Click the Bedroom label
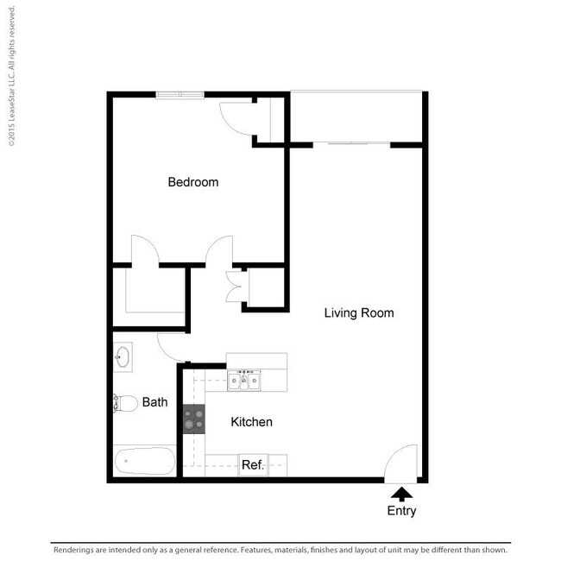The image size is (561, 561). pyautogui.click(x=193, y=182)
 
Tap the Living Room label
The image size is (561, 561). pyautogui.click(x=359, y=312)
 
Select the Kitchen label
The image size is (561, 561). pyautogui.click(x=251, y=422)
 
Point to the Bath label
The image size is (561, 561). pyautogui.click(x=154, y=402)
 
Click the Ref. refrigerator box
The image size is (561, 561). pyautogui.click(x=253, y=465)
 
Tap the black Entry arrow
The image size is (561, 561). pyautogui.click(x=401, y=494)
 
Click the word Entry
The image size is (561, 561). pyautogui.click(x=401, y=511)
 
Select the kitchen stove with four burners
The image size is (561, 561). pyautogui.click(x=194, y=419)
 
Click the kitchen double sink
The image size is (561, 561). pyautogui.click(x=244, y=381)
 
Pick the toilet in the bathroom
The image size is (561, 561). pyautogui.click(x=125, y=403)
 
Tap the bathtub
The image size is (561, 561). pyautogui.click(x=145, y=461)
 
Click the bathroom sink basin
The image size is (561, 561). pyautogui.click(x=123, y=356)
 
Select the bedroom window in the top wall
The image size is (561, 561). pyautogui.click(x=180, y=94)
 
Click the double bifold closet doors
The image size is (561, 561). pyautogui.click(x=235, y=287)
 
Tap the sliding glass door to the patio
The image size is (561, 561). pyautogui.click(x=351, y=143)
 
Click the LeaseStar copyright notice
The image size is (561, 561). pyautogui.click(x=12, y=76)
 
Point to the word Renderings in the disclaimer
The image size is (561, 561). pyautogui.click(x=74, y=550)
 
